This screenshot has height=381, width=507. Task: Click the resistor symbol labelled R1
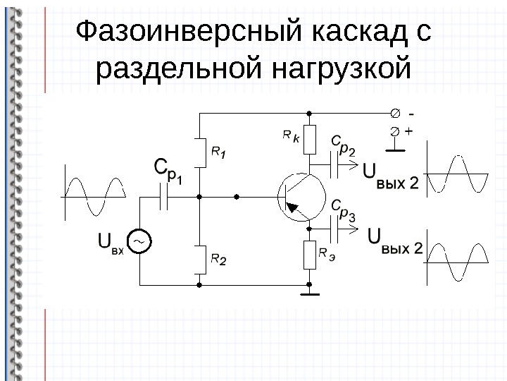click(x=200, y=152)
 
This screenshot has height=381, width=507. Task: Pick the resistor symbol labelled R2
click(x=200, y=260)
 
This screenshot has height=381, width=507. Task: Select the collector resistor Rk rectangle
click(x=310, y=140)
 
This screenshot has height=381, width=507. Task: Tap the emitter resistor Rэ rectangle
click(x=310, y=255)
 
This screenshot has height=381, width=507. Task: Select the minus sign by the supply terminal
click(x=411, y=114)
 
